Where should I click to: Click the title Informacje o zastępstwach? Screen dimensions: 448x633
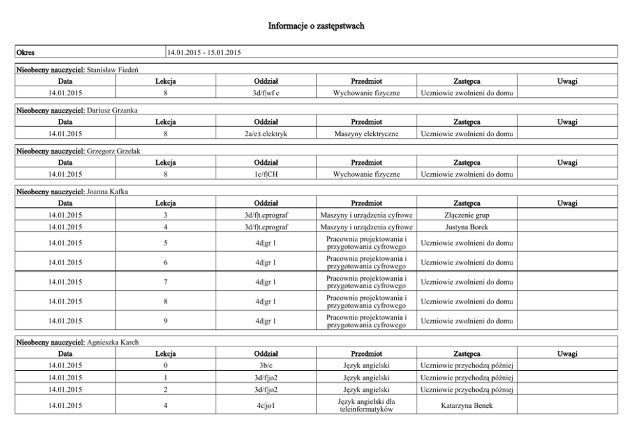[316, 26]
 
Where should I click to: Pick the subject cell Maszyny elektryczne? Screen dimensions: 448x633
[366, 134]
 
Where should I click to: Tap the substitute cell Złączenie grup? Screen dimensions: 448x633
[466, 215]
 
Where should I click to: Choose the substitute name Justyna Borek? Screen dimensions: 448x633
[466, 226]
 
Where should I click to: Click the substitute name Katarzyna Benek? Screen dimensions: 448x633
[466, 405]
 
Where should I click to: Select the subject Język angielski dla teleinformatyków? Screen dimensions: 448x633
[366, 405]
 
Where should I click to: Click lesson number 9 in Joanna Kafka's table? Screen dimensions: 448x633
[165, 321]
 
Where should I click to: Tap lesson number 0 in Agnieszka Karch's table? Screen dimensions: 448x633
[165, 366]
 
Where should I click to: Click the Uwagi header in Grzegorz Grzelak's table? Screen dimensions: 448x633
[567, 162]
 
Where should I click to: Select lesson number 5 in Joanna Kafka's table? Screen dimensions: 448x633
[165, 243]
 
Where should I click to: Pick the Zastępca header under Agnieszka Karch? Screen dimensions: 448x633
[466, 353]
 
